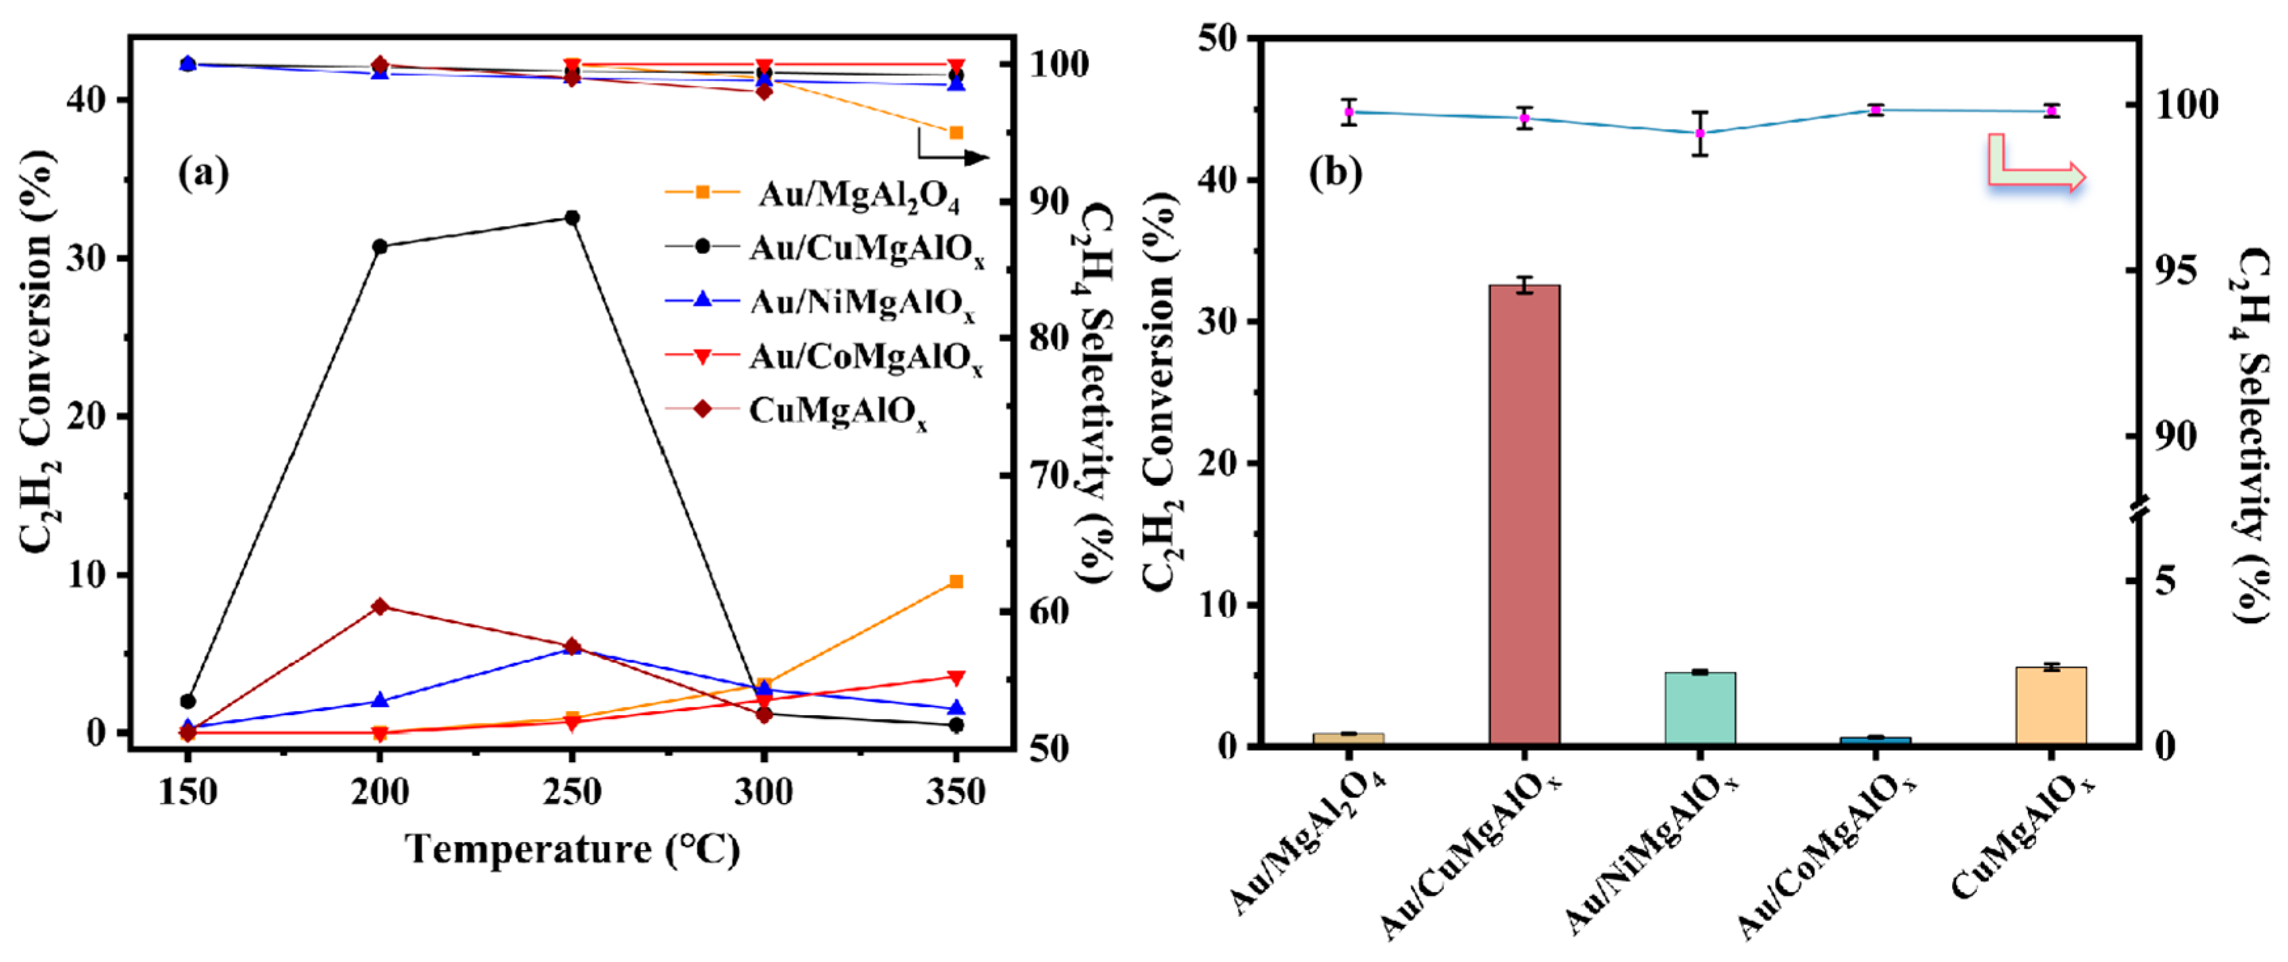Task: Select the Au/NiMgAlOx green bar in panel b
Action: point(1699,708)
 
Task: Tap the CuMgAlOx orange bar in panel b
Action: point(2051,705)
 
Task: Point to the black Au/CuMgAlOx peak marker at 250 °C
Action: point(572,217)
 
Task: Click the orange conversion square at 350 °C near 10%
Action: point(955,581)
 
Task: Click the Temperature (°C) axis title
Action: point(572,849)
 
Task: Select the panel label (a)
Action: point(204,172)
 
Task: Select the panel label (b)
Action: point(1335,172)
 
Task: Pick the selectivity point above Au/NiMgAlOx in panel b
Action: point(1699,133)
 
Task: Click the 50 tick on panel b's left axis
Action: point(1217,39)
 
